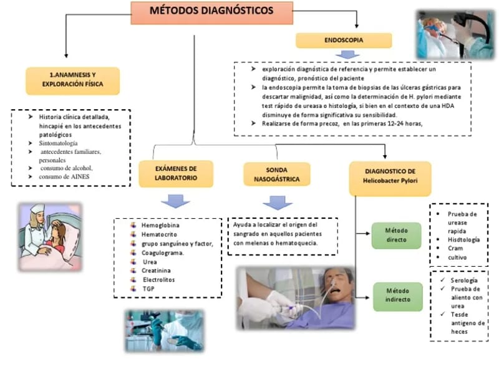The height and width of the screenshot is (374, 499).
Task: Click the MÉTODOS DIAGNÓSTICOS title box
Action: coord(211,12)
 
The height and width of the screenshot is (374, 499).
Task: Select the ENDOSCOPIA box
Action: coord(344,41)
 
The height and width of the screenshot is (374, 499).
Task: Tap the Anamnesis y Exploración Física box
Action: coord(72,80)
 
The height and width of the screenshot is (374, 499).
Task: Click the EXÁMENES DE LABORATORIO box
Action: coord(176,173)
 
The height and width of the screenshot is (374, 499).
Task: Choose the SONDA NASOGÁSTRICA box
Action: coord(276,174)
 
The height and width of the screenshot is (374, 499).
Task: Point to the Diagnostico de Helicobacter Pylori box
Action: coord(389,176)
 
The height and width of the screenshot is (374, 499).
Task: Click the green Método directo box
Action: coord(397,235)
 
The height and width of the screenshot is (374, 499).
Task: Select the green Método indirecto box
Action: coord(397,295)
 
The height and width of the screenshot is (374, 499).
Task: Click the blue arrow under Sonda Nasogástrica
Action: coord(277,203)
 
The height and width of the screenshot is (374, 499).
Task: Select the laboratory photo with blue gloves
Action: coord(163,330)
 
